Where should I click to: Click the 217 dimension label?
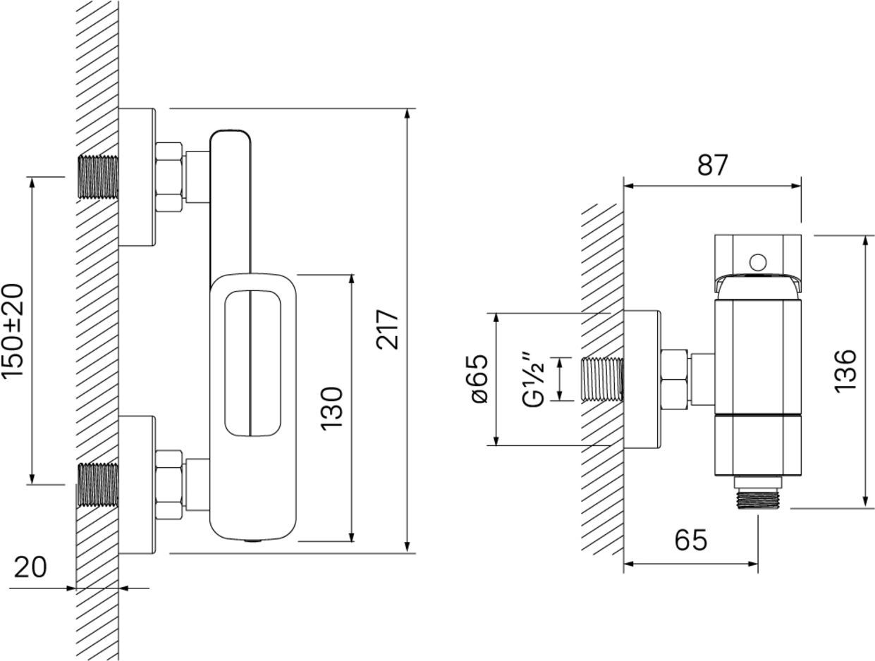point(387,330)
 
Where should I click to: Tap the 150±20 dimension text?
point(13,330)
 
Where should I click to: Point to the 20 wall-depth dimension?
point(30,567)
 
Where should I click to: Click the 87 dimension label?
point(712,165)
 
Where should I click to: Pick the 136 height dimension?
point(845,371)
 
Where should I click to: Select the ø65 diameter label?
point(479,378)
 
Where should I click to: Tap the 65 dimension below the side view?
point(691,540)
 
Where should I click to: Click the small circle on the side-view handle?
point(758,263)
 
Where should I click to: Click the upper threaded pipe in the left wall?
point(98,177)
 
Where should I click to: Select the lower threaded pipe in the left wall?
point(98,485)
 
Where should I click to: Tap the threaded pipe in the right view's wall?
point(603,379)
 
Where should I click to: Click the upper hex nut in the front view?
point(169,177)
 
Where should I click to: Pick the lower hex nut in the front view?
point(169,485)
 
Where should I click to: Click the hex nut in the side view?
point(675,379)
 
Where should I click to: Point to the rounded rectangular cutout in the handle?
point(252,364)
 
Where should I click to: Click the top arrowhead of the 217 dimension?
point(407,113)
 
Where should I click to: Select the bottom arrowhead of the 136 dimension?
point(865,501)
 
